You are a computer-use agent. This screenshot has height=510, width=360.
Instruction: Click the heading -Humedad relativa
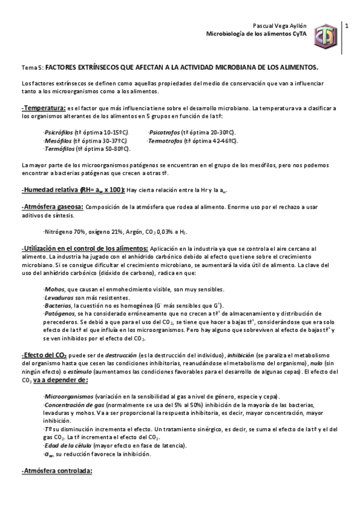point(50,189)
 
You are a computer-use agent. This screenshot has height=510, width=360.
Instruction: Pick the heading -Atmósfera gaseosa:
point(52,207)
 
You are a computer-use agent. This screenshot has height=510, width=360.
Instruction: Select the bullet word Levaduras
point(59,298)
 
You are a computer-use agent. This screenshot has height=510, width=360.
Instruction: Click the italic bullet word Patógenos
point(59,314)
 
